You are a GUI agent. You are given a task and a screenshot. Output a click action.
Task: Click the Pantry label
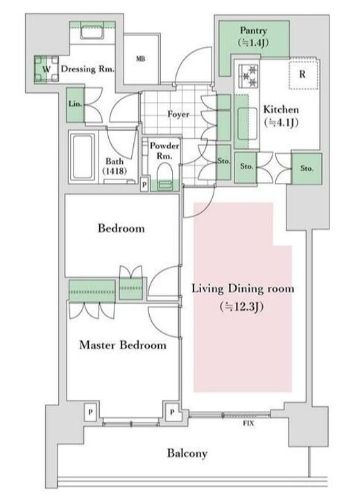coord(253,30)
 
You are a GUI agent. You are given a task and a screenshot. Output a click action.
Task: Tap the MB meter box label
coord(141,59)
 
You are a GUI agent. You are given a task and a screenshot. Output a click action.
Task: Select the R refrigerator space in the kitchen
coord(303,74)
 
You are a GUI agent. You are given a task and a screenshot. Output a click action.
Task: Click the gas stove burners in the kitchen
coord(248,76)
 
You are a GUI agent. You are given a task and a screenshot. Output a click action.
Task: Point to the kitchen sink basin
coord(247,123)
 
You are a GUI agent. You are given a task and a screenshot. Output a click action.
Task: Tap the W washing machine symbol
coord(46,69)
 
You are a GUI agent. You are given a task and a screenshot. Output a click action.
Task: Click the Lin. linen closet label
coord(75,104)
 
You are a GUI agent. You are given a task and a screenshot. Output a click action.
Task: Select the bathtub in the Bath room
coord(83,157)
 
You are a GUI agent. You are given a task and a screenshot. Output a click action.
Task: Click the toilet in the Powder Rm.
coord(164,174)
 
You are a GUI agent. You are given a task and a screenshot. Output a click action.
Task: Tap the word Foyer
coord(178,114)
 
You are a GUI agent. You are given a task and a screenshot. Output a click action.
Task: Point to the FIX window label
coord(248,423)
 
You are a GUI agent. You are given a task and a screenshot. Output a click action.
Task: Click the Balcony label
coord(187,453)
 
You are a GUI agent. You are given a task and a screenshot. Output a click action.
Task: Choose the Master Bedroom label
coord(123,345)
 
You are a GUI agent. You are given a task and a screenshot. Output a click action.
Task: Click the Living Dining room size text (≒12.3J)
coord(241,307)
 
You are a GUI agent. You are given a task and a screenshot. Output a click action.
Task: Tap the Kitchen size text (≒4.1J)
coord(281,122)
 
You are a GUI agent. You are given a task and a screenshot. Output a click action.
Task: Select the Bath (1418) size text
coord(114,171)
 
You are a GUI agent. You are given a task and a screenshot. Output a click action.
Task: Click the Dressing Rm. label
coord(87,69)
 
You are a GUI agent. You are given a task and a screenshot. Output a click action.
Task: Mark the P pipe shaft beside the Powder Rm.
coord(144,185)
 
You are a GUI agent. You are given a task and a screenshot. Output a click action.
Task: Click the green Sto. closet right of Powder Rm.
coord(223,162)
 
